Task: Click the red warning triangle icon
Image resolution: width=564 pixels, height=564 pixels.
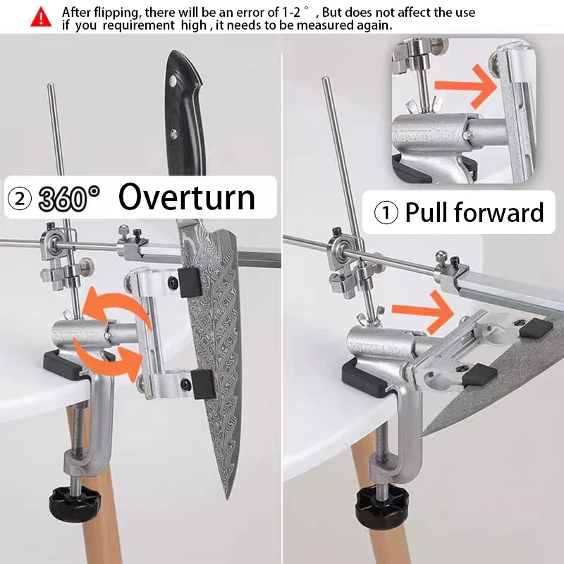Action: click(x=41, y=17)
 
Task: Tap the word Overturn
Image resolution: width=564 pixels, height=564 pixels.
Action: click(x=187, y=197)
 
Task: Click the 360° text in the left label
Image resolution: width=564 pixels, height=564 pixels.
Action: click(x=68, y=198)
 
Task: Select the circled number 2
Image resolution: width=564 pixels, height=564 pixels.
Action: click(x=20, y=199)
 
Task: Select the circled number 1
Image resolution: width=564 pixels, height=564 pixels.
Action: click(x=386, y=212)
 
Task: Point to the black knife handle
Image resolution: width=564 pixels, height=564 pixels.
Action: click(x=185, y=114)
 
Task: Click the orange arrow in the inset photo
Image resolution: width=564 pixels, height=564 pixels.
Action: click(x=466, y=86)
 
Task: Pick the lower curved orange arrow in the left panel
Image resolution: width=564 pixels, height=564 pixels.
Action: click(x=108, y=362)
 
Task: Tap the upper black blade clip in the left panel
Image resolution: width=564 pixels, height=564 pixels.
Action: click(x=189, y=283)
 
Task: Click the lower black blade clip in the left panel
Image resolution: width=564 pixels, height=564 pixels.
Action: click(x=203, y=384)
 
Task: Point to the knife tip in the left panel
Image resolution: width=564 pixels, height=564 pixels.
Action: click(x=228, y=499)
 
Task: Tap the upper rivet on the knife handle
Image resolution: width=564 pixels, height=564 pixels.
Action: click(x=173, y=80)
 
